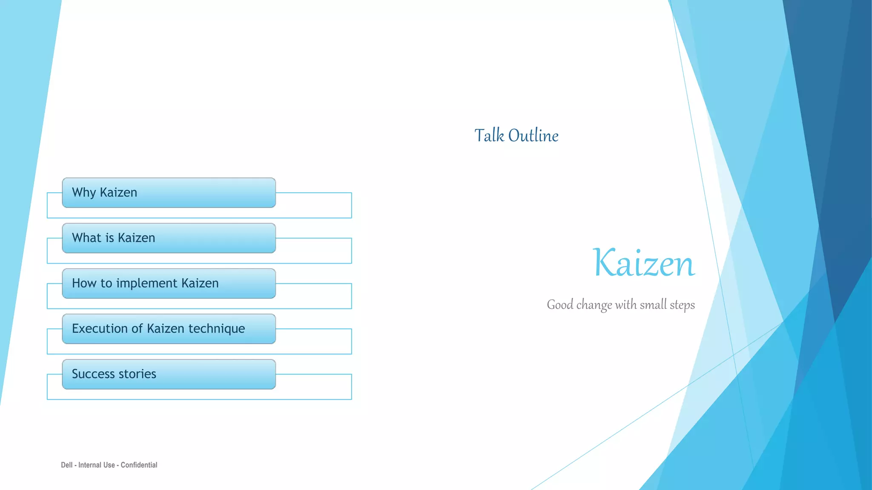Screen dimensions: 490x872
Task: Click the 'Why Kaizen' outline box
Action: (169, 193)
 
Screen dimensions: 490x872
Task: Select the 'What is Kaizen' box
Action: (169, 238)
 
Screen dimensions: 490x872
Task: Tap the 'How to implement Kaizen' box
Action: (169, 284)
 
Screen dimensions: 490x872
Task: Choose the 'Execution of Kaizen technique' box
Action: (169, 329)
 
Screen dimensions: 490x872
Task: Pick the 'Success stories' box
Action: (169, 374)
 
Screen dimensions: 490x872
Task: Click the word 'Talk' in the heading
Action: (489, 136)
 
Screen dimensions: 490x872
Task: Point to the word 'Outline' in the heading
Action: (534, 136)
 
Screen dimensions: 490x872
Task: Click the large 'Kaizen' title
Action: (644, 263)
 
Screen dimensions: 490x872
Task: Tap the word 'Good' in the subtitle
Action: (560, 305)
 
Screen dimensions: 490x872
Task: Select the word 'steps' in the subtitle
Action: (682, 305)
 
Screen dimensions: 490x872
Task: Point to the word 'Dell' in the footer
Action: (67, 465)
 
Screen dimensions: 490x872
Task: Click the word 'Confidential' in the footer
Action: (139, 465)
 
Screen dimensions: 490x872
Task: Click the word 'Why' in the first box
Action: (84, 193)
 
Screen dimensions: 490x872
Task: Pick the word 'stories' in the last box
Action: (138, 374)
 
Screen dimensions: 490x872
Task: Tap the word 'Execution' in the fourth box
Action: (100, 328)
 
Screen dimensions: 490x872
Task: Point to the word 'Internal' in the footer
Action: (97, 465)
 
